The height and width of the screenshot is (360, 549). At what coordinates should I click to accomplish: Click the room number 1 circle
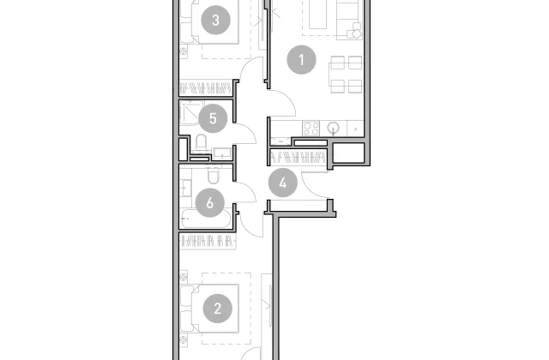(301, 60)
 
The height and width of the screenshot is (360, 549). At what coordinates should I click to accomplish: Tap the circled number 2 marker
(217, 309)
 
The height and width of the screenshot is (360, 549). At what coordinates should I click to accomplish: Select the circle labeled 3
(215, 20)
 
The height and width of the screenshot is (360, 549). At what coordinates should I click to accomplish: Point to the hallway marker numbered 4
(283, 183)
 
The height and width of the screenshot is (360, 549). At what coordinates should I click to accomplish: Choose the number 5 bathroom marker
(213, 118)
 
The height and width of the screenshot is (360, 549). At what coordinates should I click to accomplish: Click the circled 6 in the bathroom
(209, 202)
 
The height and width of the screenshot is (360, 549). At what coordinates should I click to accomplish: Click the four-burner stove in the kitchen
(311, 128)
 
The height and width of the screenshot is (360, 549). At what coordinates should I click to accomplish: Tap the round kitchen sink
(334, 128)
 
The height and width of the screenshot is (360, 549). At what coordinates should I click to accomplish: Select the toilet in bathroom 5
(201, 143)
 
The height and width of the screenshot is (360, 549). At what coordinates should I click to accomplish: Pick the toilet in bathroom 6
(213, 176)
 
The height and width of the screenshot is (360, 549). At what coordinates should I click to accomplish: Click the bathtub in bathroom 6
(206, 219)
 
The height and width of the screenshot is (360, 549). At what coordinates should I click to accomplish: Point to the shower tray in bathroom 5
(191, 112)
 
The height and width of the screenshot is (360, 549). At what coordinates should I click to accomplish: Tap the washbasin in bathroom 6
(185, 188)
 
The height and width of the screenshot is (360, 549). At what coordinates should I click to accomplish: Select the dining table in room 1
(347, 75)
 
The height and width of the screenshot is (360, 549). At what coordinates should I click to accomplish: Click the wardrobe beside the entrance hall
(299, 157)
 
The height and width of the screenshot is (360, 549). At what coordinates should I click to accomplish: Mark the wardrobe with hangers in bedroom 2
(208, 242)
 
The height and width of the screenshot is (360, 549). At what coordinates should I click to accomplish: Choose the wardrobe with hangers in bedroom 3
(206, 87)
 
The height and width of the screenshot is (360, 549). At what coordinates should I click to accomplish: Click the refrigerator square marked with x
(355, 129)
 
